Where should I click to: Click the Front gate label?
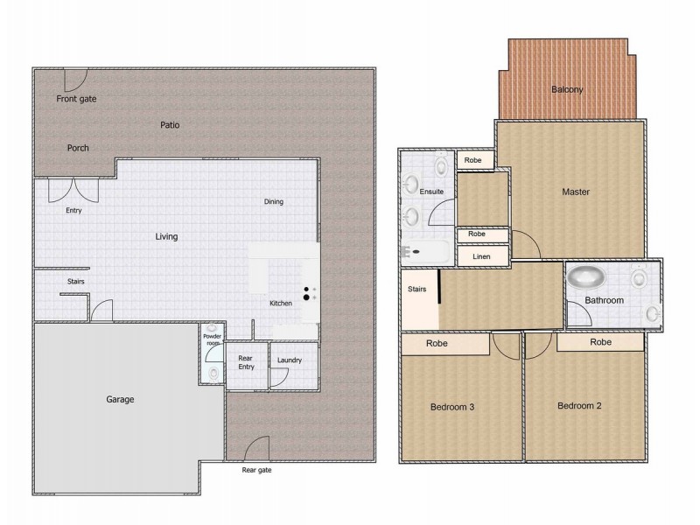point(77,99)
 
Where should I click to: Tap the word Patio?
point(170,125)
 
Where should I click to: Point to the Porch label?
point(78,148)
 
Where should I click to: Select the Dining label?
point(274,202)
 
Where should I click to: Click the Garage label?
point(121,400)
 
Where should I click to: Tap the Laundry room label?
point(290,360)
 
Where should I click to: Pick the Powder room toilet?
point(213,373)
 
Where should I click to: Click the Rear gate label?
point(257,470)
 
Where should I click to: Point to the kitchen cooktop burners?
point(308,293)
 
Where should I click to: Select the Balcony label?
point(567,89)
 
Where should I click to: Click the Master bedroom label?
point(576,192)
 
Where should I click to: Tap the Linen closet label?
point(480,256)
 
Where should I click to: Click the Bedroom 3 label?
point(452,406)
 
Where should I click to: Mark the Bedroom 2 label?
point(579,405)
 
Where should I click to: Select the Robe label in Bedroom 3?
point(437,344)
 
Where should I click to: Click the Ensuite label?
point(431,192)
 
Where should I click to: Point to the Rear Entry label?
point(246,361)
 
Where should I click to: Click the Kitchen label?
point(281,304)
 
